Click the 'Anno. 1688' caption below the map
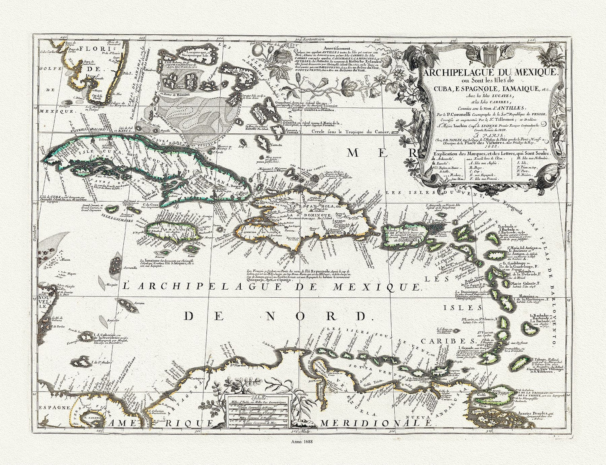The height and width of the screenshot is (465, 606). (303, 441)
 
